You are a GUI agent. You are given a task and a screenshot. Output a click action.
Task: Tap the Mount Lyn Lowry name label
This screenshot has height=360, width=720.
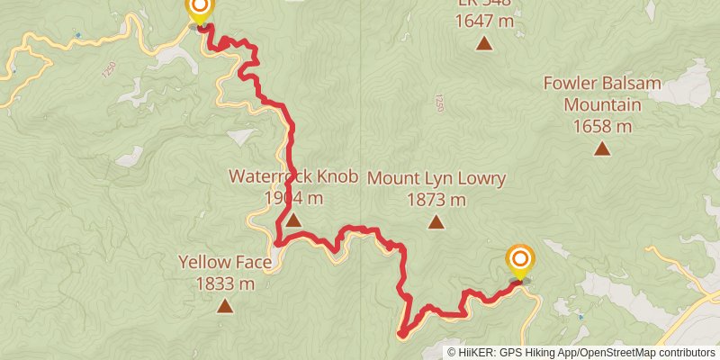436,178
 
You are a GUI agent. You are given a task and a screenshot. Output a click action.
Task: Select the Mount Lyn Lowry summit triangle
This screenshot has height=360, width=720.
436,221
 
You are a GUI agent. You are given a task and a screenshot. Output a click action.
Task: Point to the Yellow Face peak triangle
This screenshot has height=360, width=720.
224,306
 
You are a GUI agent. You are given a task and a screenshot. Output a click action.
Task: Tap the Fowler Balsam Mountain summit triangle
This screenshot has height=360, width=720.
601,148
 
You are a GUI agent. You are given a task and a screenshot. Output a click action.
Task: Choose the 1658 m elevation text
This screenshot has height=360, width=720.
601,125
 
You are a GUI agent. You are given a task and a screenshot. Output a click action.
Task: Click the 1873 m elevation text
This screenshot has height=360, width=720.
436,199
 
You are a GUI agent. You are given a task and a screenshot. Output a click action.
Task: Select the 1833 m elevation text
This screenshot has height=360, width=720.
224,283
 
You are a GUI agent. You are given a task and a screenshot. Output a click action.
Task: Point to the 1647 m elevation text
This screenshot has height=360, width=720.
484,20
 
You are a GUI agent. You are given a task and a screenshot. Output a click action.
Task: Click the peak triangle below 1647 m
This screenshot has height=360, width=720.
484,42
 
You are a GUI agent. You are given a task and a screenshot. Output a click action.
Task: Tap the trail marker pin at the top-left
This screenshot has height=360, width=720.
198,10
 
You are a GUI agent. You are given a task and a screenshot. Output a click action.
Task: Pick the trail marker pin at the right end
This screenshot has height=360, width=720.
519,261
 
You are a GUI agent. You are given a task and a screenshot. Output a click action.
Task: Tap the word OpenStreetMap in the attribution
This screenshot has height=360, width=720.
622,353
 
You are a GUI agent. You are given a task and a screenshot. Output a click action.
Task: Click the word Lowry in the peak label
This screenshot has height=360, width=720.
482,178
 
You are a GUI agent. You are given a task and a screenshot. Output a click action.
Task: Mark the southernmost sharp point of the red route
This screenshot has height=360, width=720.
401,334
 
